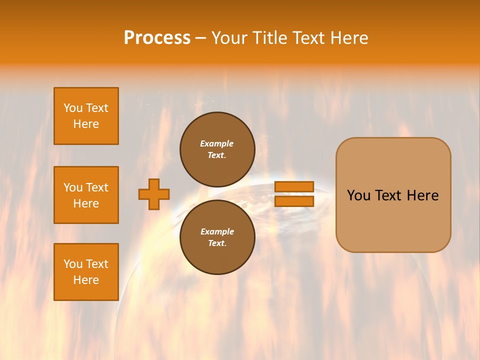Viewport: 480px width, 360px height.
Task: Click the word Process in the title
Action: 157,38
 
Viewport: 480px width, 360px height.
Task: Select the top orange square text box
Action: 86,116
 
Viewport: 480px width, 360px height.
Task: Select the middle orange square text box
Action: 86,195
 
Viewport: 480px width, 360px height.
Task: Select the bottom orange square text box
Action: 86,272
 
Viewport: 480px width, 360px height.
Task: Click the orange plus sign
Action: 154,194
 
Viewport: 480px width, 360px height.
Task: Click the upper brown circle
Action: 217,149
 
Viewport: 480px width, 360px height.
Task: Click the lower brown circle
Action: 217,237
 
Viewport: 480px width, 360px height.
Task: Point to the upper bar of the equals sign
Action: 294,186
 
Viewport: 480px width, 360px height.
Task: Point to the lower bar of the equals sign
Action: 294,201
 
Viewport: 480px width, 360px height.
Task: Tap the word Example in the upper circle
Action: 217,143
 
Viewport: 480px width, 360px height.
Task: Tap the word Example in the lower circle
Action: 217,231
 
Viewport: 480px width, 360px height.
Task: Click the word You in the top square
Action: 73,108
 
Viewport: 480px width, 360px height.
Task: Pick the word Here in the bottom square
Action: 86,280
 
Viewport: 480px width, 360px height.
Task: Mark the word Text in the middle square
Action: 97,187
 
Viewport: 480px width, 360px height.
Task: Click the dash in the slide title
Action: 200,38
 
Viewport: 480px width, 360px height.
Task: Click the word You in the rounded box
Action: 358,195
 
